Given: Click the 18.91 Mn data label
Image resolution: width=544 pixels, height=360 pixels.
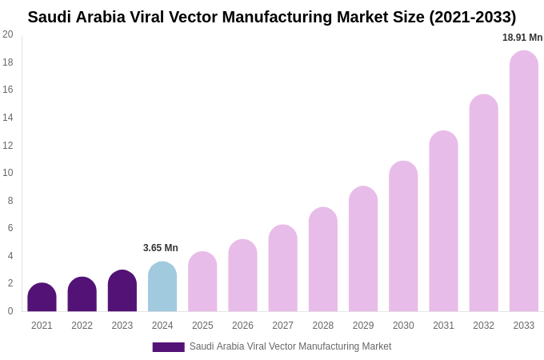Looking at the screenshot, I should [522, 38].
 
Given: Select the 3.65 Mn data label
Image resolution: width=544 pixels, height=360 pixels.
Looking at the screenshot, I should [161, 248].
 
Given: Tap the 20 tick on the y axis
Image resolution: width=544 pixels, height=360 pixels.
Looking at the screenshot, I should [8, 34].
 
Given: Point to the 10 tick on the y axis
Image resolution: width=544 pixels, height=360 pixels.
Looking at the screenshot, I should [8, 173].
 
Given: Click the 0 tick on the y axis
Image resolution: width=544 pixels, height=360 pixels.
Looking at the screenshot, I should [10, 311].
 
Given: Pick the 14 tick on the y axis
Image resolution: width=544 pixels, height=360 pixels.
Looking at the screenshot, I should [8, 118].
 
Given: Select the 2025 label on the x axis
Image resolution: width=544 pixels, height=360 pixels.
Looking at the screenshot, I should [202, 326].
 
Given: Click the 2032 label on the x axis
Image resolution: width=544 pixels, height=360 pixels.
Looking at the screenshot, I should [483, 326].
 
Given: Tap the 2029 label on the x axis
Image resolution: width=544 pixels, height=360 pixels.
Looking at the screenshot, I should [363, 326].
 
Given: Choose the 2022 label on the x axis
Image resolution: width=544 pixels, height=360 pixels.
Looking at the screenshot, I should [82, 326].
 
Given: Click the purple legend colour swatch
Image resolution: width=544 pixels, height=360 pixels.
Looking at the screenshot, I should [168, 347].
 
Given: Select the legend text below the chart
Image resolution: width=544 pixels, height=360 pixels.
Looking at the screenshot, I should [290, 346].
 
